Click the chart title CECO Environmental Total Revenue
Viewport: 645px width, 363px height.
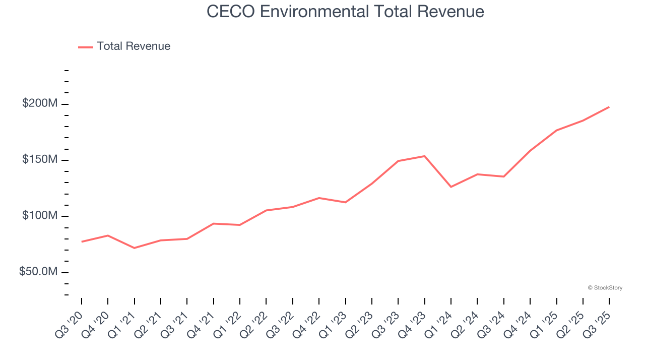click(x=345, y=12)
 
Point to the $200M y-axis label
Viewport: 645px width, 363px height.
click(x=40, y=104)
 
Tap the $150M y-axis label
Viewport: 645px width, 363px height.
click(x=40, y=160)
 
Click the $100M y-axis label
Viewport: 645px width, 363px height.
click(x=40, y=216)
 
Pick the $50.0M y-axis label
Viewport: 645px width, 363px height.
click(x=38, y=272)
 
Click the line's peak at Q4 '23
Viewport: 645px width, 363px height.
click(x=424, y=156)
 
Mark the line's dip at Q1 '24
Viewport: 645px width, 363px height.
click(x=451, y=187)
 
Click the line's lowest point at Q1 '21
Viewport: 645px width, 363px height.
click(x=134, y=248)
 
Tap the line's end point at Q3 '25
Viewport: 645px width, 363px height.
click(x=609, y=107)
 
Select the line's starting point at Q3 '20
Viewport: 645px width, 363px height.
click(x=82, y=241)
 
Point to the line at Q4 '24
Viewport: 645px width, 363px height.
click(x=530, y=151)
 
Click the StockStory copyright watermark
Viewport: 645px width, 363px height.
click(x=605, y=288)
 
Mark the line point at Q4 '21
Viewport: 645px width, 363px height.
click(x=214, y=223)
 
